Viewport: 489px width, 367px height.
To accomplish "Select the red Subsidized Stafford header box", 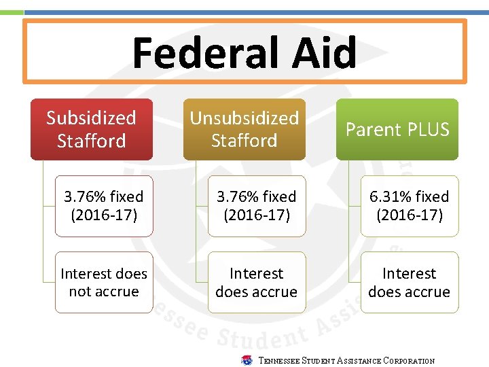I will coord(92,129).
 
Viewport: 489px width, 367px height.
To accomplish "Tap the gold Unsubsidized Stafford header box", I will coord(244,129).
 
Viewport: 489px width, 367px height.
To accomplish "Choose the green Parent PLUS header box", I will coord(397,129).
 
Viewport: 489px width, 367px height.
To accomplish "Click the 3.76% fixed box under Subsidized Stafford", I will coord(104,206).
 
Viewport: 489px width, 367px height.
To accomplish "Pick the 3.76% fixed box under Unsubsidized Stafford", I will coord(257,206).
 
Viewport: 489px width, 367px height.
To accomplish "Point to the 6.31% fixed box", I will coord(410,206).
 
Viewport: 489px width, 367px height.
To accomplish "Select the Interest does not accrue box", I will coord(104,282).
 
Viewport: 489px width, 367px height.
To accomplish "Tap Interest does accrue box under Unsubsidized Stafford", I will coord(257,282).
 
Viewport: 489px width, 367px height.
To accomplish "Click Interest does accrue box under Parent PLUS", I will coord(410,282).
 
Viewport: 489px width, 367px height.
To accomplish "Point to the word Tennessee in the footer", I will coord(279,361).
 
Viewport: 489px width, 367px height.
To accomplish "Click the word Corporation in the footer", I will coord(409,361).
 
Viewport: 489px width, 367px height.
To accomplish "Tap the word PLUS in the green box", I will coord(429,130).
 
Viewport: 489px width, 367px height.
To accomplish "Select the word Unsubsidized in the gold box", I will coord(244,118).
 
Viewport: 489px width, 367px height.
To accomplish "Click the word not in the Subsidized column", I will coord(79,292).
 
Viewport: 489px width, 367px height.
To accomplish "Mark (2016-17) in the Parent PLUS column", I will coord(410,215).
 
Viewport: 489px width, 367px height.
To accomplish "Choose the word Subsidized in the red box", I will coord(92,118).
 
